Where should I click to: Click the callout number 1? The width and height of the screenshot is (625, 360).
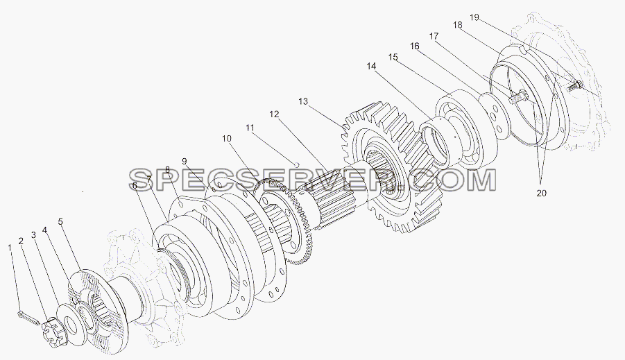click(10, 248)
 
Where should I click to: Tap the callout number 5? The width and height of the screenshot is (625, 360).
click(60, 222)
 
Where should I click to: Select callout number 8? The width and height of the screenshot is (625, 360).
click(167, 170)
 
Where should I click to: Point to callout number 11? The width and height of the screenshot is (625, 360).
click(250, 128)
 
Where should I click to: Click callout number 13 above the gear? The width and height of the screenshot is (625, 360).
click(303, 101)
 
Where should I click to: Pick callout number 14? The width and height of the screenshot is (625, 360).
click(371, 66)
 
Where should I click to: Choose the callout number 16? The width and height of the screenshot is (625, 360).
click(415, 46)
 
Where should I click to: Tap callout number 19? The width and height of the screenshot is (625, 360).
click(474, 17)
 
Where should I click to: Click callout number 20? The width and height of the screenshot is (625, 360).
click(541, 193)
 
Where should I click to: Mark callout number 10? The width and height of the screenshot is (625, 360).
click(226, 139)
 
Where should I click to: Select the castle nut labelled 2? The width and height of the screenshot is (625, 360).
click(53, 331)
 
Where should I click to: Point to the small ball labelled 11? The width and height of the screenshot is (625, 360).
click(296, 164)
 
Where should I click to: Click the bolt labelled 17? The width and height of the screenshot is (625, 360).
click(517, 96)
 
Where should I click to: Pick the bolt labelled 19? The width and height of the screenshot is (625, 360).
click(574, 85)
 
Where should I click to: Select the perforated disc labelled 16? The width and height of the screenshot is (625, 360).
click(495, 115)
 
